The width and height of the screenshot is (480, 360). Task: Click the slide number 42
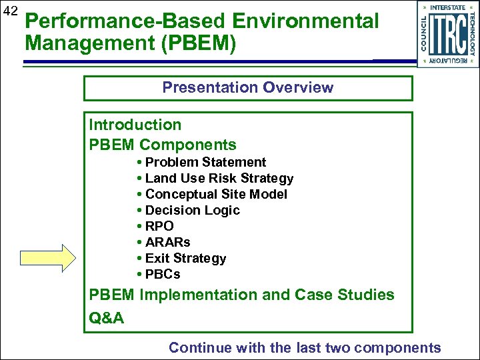coord(10,11)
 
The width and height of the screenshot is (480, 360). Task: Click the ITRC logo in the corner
coord(447,33)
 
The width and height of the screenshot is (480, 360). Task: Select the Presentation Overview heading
coord(247,87)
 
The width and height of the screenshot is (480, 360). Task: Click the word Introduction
coord(135,125)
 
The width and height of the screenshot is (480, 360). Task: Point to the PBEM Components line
coord(163,145)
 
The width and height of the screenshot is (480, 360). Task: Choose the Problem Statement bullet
coord(205,162)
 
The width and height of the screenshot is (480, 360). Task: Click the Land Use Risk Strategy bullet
coord(219,178)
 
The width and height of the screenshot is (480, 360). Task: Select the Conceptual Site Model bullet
coord(216,194)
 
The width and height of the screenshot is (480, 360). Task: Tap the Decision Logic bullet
coord(192,210)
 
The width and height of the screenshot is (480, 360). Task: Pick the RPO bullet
coord(159,226)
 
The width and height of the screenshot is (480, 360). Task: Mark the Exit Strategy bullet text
coord(185,258)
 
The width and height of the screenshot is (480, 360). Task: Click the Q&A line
coord(107,318)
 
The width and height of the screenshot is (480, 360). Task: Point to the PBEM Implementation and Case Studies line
coord(241,295)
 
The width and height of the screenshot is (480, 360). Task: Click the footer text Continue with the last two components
coord(305,347)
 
